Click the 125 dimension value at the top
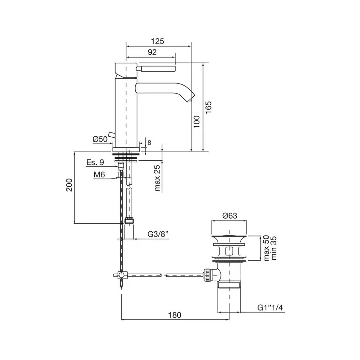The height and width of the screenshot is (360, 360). click(157, 41)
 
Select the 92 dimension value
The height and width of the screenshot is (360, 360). click(152, 52)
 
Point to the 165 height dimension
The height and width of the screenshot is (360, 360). click(208, 107)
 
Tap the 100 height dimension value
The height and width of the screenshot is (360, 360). click(197, 122)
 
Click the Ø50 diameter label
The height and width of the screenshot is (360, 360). click(100, 139)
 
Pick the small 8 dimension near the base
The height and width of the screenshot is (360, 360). click(149, 143)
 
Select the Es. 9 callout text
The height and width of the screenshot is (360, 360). click(95, 162)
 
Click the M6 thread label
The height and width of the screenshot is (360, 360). click(99, 175)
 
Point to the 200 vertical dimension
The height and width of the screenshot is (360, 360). click(69, 185)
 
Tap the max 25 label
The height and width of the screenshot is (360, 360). click(157, 178)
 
